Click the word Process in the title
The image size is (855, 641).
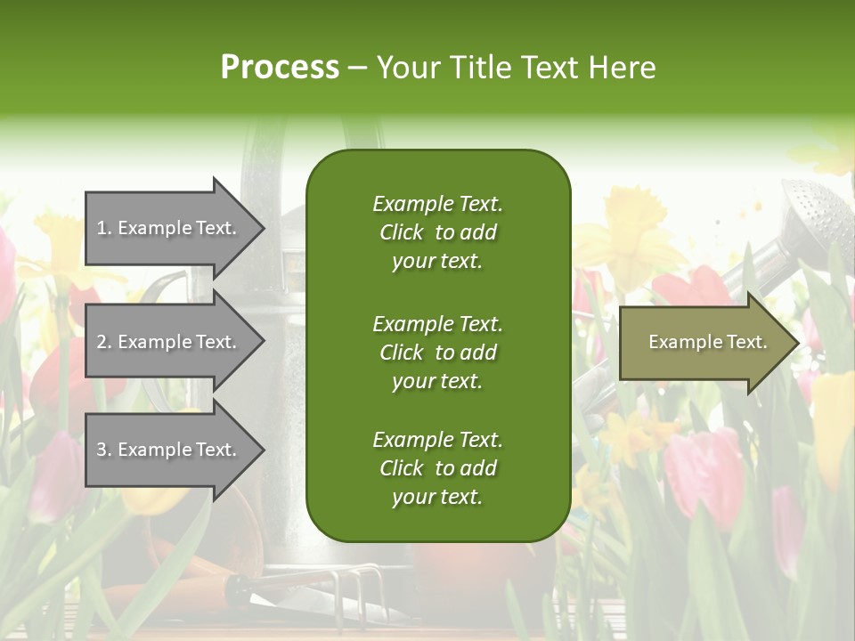[x=280, y=68]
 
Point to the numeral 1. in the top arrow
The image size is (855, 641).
[x=103, y=229]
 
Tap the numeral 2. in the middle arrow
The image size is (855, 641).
[x=104, y=342]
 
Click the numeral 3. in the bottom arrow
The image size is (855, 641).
[x=104, y=450]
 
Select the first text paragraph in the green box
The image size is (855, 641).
[x=437, y=232]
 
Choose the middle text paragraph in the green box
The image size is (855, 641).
[x=437, y=353]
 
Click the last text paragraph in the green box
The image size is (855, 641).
[x=437, y=468]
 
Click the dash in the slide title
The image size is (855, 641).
[x=358, y=69]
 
